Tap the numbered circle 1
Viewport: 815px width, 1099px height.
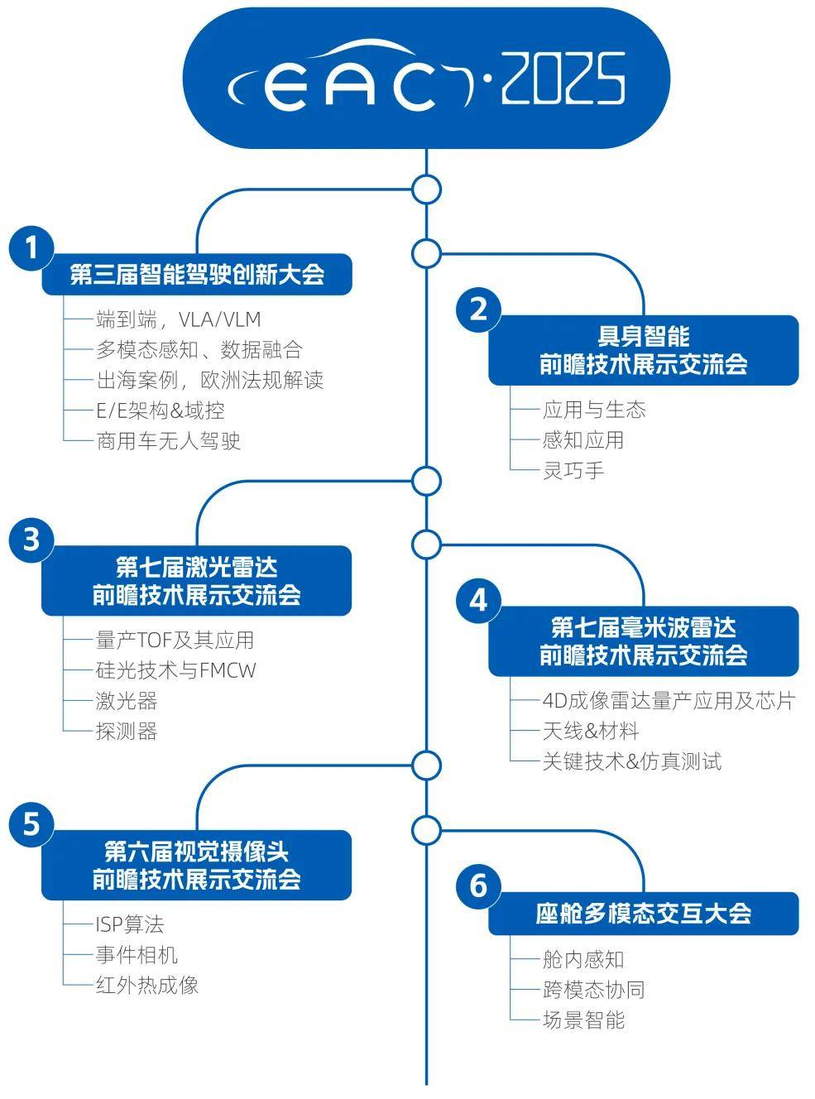click(x=31, y=247)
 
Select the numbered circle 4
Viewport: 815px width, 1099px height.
click(x=478, y=599)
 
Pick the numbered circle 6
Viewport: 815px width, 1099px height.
click(x=478, y=886)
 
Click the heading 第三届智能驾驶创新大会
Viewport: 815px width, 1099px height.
click(x=197, y=274)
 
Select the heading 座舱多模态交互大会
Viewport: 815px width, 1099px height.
click(x=643, y=914)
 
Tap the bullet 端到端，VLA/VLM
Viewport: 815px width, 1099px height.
click(x=178, y=319)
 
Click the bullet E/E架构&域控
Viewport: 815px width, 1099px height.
click(x=160, y=410)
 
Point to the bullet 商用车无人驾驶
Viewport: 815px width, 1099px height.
click(x=168, y=440)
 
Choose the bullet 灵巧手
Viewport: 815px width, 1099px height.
click(x=573, y=470)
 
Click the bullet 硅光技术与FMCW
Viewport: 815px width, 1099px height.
click(x=175, y=670)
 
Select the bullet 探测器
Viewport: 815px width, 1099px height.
click(x=126, y=731)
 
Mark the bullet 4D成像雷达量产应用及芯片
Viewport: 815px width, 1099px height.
click(x=668, y=701)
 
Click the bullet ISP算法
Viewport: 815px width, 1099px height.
click(x=129, y=924)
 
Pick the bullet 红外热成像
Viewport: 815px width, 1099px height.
click(x=147, y=985)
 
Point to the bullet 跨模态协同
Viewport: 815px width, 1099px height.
click(x=593, y=990)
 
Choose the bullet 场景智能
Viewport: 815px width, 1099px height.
click(x=583, y=1020)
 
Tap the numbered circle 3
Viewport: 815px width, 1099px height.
click(x=31, y=540)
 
